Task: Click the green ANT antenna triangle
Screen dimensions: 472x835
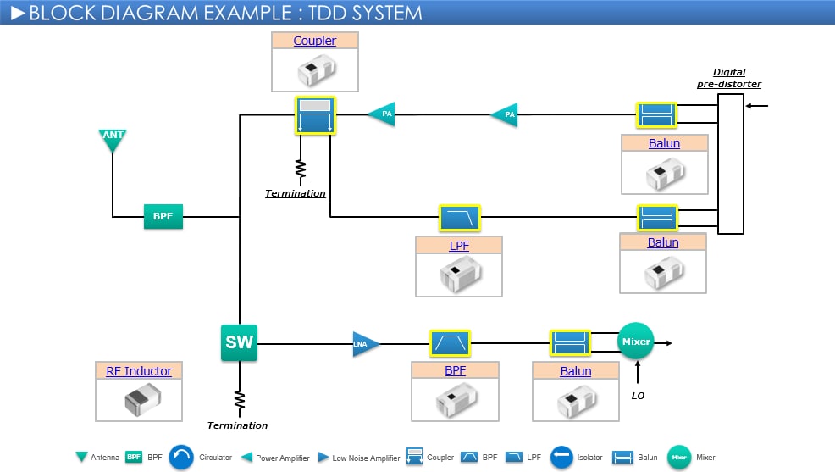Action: click(x=113, y=138)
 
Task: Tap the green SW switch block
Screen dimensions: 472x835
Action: click(x=239, y=343)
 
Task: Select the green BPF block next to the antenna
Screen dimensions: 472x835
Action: click(x=163, y=217)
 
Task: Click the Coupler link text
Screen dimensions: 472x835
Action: click(x=315, y=41)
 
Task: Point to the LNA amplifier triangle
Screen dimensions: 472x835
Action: click(x=366, y=343)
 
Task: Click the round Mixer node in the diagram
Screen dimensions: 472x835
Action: click(x=636, y=342)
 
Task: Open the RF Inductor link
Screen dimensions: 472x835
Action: click(x=139, y=371)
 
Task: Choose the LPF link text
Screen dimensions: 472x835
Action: click(x=458, y=246)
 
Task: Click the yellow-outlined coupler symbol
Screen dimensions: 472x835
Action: click(x=315, y=115)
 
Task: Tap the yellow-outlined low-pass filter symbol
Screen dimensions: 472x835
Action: click(x=459, y=218)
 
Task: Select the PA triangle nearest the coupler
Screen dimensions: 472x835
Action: click(x=383, y=114)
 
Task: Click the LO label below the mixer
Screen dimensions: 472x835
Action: click(x=638, y=396)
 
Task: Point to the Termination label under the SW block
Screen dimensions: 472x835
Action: click(x=237, y=425)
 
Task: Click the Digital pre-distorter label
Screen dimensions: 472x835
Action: click(x=729, y=78)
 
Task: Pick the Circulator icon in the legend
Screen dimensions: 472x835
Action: click(x=182, y=458)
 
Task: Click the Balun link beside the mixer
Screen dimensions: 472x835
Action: click(x=576, y=371)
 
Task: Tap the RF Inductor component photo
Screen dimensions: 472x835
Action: click(x=139, y=400)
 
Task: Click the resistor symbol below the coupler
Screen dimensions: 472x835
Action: click(x=300, y=169)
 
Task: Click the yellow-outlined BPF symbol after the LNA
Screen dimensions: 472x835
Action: click(x=450, y=343)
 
